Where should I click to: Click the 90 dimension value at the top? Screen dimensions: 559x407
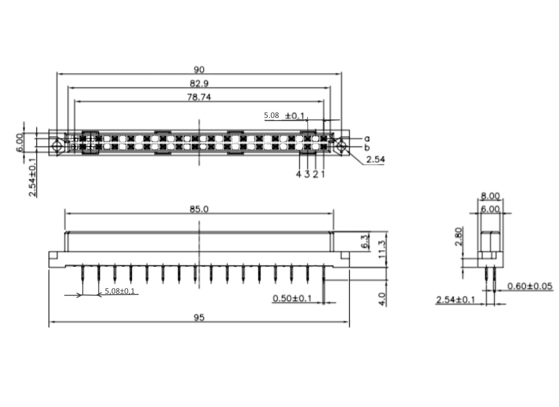199,69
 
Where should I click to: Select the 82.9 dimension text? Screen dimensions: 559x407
199,83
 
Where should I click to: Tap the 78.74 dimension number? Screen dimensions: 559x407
199,97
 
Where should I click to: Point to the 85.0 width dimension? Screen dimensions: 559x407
199,209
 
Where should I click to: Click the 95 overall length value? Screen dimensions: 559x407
199,317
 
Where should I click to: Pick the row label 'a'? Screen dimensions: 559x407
367,138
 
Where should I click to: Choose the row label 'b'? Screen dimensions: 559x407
367,148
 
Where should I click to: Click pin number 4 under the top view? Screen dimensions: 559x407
299,174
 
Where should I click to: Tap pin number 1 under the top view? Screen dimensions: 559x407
323,174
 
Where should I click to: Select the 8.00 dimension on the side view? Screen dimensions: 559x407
490,196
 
